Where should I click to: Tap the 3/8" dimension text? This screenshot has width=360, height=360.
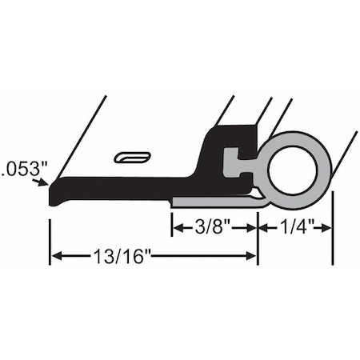214,227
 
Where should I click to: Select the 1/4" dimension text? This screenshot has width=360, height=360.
294,227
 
